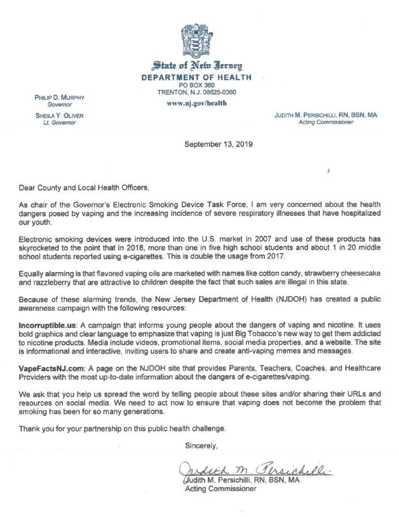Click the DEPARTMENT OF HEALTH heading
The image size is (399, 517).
coord(196,77)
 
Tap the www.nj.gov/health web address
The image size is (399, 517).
coord(196,103)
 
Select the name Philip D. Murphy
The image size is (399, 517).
coord(59,98)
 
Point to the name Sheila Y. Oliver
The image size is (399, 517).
coord(59,116)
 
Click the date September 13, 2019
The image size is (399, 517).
coord(218,144)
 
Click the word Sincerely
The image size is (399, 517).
coord(201,446)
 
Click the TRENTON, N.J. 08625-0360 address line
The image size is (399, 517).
coord(196,92)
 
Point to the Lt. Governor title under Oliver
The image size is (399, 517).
coord(55,123)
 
